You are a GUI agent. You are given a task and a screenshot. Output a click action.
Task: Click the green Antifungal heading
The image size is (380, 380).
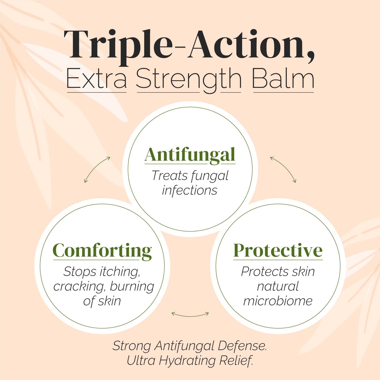(190, 155)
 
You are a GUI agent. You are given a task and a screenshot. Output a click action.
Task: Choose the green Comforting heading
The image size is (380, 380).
(102, 251)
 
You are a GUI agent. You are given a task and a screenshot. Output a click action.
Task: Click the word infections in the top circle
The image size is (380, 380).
(189, 191)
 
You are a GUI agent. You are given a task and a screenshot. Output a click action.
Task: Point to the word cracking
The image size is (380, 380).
(79, 287)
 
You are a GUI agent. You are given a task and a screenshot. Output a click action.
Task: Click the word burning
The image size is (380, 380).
(132, 287)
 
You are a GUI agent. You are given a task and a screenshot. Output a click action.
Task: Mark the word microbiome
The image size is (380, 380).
(278, 301)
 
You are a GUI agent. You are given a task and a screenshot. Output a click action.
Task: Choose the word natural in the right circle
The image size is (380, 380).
(278, 286)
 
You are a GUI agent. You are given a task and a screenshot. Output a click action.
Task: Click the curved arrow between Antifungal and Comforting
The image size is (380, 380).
(97, 169)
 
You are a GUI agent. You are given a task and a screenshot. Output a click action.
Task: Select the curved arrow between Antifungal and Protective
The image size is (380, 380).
(283, 169)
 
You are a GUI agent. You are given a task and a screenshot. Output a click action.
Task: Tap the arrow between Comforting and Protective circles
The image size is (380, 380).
(190, 315)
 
